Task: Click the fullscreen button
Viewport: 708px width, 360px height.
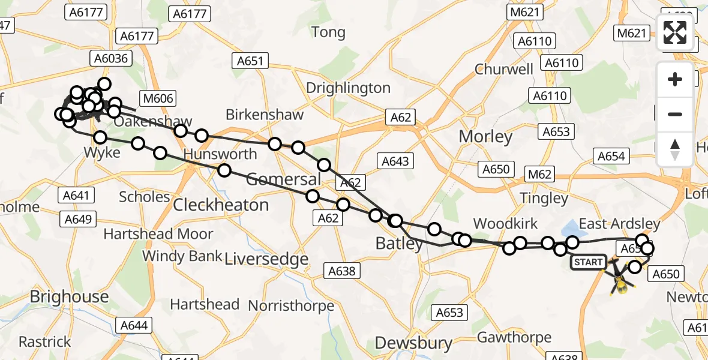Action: tap(675, 32)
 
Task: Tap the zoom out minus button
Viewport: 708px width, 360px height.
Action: tap(675, 115)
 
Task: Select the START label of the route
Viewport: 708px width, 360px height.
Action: tap(588, 262)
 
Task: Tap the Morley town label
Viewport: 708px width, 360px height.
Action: tap(485, 136)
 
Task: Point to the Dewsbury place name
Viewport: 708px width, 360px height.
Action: tap(413, 343)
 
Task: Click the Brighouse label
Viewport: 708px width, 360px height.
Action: tap(69, 296)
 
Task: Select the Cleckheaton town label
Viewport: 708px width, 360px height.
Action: tap(221, 205)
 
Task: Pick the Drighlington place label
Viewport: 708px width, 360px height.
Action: tap(348, 88)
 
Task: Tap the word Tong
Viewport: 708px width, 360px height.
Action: tap(329, 32)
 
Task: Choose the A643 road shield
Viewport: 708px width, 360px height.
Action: tap(395, 161)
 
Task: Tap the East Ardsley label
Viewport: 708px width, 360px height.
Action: tap(619, 224)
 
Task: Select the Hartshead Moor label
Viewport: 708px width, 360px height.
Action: tap(158, 233)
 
